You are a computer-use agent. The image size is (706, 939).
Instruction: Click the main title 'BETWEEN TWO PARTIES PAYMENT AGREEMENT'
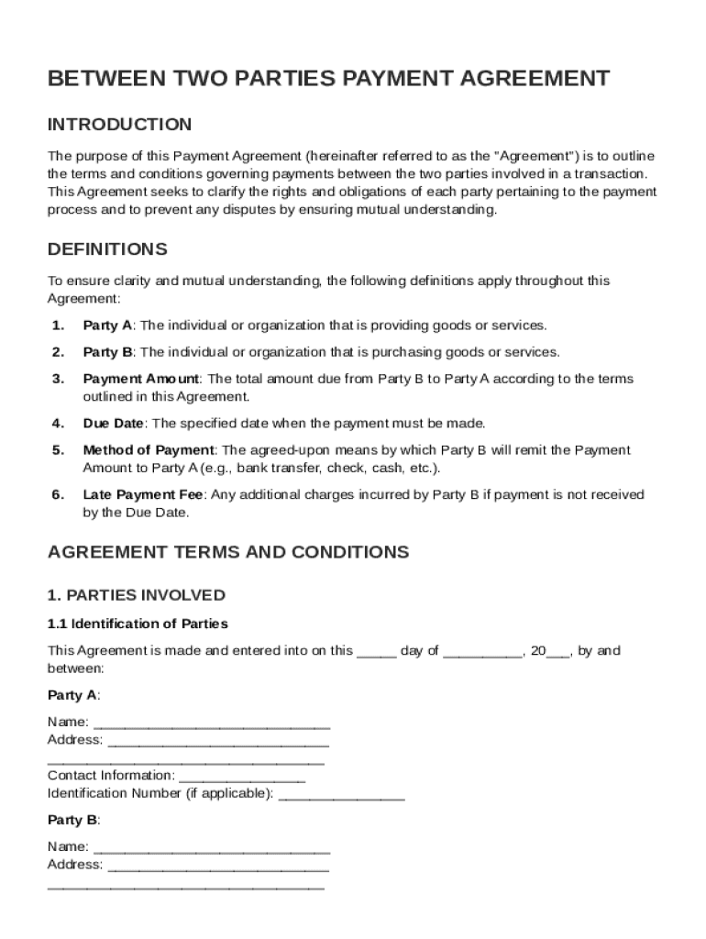point(328,79)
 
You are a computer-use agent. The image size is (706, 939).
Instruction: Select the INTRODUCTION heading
point(119,125)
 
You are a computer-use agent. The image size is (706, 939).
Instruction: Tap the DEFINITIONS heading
point(107,249)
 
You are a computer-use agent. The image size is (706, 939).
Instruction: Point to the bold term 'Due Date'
point(114,424)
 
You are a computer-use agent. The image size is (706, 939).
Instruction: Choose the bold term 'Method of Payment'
point(149,450)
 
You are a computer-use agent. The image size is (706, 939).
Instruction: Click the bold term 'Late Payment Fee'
point(142,495)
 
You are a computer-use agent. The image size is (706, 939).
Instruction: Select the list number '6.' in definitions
point(57,495)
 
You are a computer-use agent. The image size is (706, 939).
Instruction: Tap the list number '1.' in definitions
point(57,326)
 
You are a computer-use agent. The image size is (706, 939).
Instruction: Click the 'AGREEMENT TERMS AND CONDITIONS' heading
point(227,552)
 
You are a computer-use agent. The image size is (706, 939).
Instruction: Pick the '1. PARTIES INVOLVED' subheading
point(136,596)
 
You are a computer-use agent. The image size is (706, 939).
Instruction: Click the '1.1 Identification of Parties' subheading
point(138,624)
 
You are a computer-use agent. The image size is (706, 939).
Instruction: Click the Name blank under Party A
point(212,724)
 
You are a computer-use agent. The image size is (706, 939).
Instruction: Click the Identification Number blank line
point(341,795)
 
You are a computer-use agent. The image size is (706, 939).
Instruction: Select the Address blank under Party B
point(218,866)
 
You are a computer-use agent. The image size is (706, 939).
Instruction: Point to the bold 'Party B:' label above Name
point(73,820)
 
